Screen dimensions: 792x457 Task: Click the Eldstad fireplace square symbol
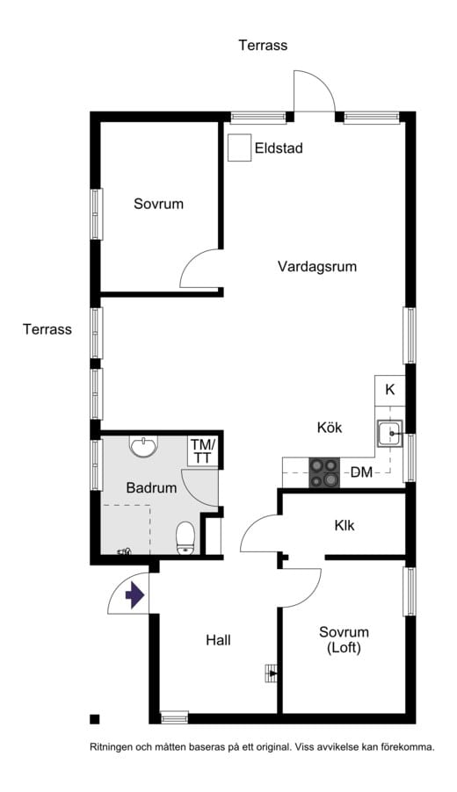238,148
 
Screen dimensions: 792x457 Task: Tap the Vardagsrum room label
317,266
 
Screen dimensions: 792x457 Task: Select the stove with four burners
324,472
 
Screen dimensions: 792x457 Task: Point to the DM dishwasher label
361,472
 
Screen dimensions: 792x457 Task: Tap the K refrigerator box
390,390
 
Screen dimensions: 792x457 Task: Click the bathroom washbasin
143,448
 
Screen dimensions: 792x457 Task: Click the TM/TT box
203,451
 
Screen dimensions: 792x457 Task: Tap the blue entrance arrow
134,595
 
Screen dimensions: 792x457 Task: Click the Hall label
218,640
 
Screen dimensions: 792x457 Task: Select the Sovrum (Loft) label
344,640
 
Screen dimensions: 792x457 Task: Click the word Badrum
151,487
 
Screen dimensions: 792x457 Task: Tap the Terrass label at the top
263,45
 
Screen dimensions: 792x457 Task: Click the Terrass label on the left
47,329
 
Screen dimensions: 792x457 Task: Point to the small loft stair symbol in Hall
271,673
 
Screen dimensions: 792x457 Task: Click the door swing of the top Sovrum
198,268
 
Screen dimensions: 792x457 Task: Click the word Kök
330,428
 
